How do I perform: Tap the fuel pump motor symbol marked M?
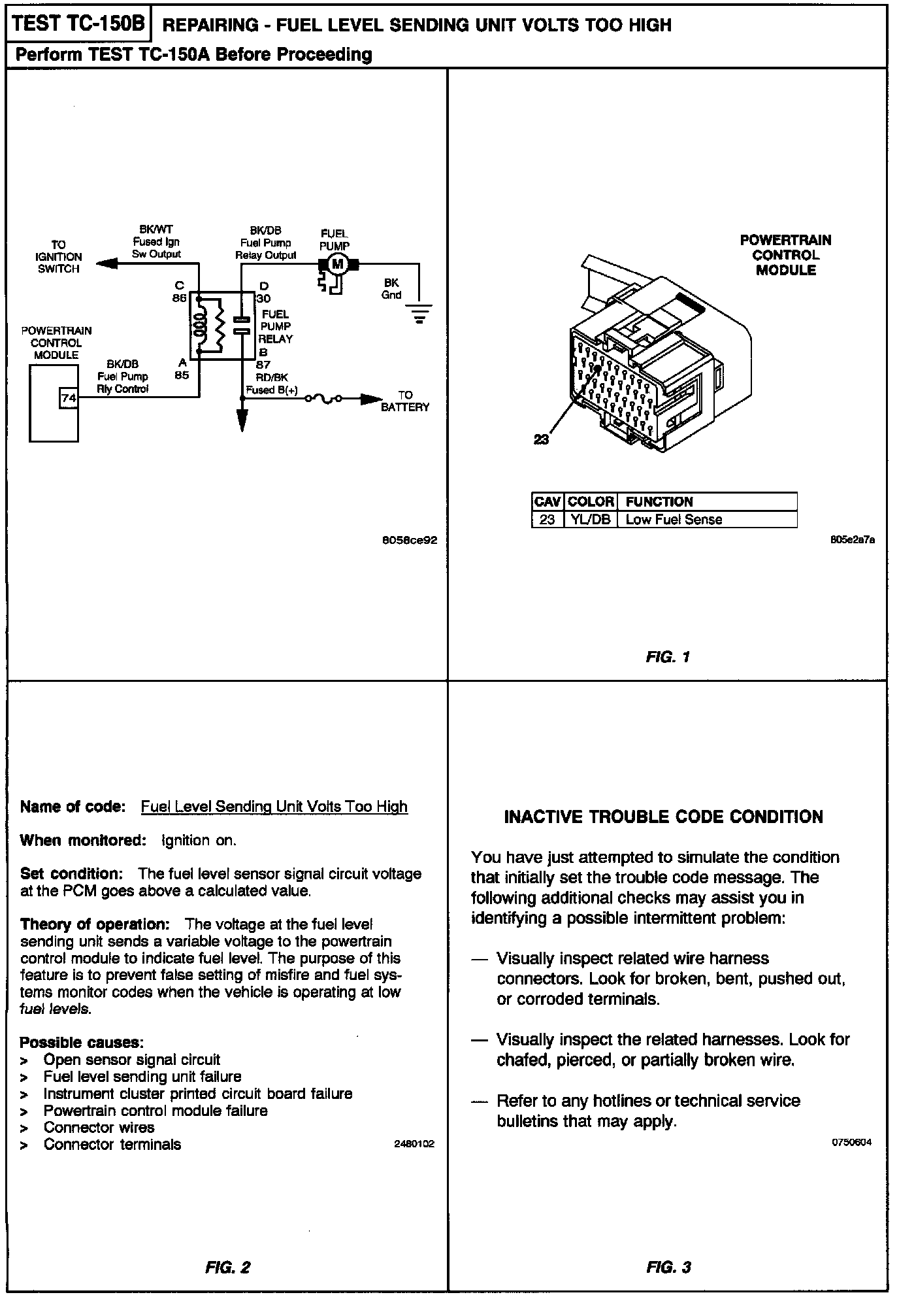(337, 264)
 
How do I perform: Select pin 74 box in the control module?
(69, 397)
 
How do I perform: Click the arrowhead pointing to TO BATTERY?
(372, 398)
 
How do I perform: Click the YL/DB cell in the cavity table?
(589, 520)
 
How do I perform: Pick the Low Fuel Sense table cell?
(674, 520)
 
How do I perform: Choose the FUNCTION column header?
(659, 502)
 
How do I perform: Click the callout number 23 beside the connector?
(541, 440)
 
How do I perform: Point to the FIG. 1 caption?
(668, 656)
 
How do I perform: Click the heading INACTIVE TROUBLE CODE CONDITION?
(663, 817)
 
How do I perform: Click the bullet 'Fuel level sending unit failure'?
(142, 1076)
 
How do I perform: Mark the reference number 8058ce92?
(410, 541)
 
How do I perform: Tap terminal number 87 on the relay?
(263, 365)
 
